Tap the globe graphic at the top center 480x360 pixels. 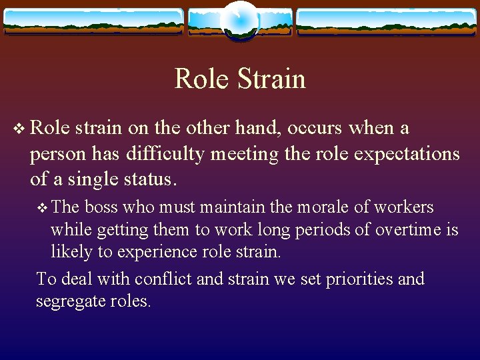coord(239,20)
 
